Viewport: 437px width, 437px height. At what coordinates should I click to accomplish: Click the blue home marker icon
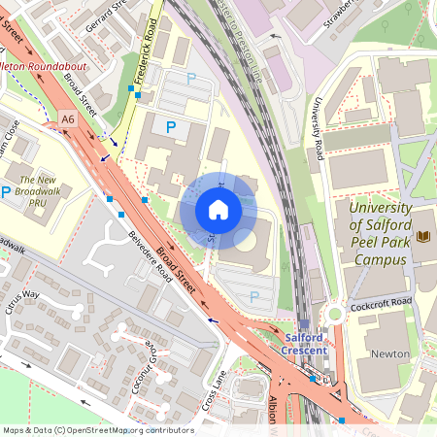[x=218, y=210]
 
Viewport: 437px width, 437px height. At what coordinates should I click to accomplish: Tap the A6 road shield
[x=67, y=118]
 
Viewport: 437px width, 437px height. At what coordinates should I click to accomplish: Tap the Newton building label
[x=390, y=354]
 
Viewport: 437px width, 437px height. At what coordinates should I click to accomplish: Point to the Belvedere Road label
[x=151, y=256]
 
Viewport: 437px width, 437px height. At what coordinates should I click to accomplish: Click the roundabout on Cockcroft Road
[x=335, y=314]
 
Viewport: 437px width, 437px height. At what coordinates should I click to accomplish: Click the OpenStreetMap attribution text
[x=97, y=429]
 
